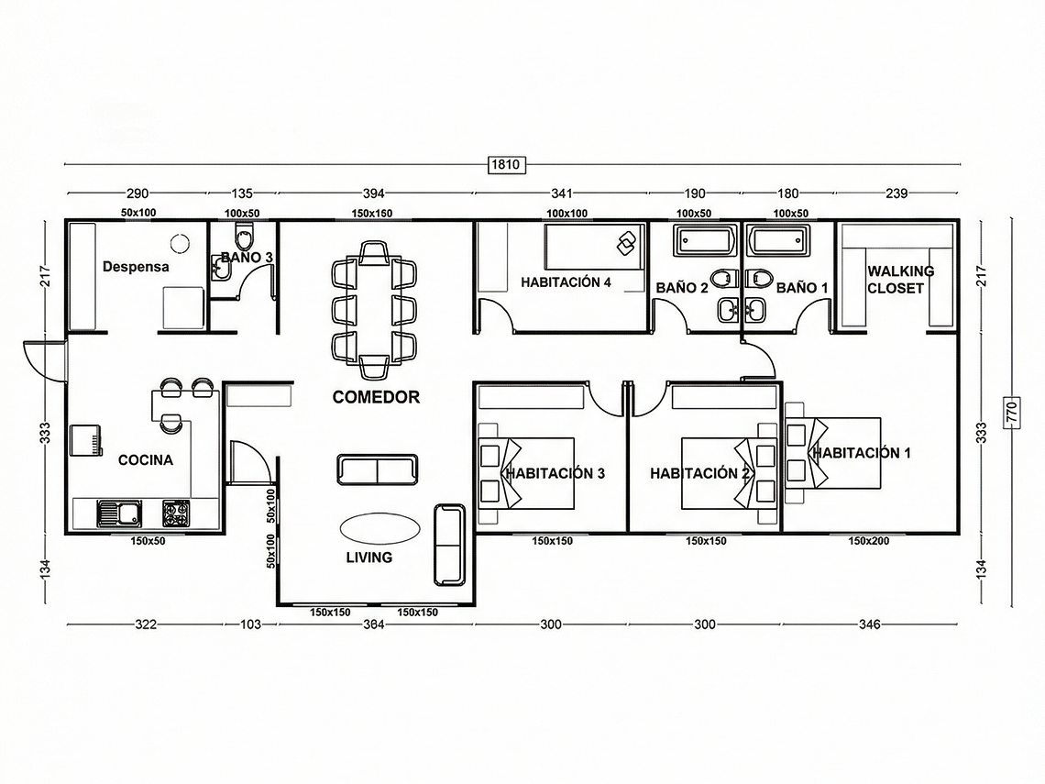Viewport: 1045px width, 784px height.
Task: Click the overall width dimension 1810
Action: (x=507, y=165)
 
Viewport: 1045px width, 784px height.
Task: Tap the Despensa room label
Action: (x=136, y=267)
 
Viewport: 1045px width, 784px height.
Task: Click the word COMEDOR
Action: (x=376, y=397)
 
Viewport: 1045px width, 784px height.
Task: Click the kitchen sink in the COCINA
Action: (x=117, y=513)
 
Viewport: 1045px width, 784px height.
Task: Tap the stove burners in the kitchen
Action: (x=176, y=513)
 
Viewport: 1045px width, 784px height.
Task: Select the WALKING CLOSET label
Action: (x=900, y=279)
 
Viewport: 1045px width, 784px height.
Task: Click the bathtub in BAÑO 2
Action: (x=705, y=242)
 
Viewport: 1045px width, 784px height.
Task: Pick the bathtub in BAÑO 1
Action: (x=779, y=242)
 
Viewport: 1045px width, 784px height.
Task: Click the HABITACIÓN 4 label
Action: (x=566, y=282)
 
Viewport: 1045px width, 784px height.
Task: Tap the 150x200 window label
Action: (x=868, y=541)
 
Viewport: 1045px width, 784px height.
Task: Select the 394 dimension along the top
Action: (x=374, y=193)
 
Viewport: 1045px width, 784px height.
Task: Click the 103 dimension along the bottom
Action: (x=250, y=624)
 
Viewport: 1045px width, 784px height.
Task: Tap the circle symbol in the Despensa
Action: (x=179, y=242)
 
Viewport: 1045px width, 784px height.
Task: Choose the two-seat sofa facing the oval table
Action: (x=377, y=469)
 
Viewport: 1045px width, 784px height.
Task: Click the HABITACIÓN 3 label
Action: (x=555, y=474)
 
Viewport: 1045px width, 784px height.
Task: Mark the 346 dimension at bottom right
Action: (x=869, y=624)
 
